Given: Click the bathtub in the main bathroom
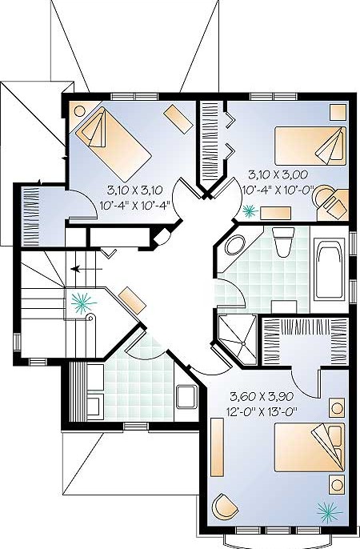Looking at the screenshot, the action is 329,269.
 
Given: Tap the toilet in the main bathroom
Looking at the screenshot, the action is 283,242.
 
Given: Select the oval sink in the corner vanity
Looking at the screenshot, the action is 235,245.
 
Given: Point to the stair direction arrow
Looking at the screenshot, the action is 86,269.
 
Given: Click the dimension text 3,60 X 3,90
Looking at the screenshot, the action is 262,397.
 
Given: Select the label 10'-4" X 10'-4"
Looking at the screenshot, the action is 134,205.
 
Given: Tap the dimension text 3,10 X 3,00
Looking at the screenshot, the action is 278,174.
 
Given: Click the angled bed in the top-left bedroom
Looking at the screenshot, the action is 114,142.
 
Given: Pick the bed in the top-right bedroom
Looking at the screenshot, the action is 310,146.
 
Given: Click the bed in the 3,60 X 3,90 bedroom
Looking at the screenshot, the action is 310,447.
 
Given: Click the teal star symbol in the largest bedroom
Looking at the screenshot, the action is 330,512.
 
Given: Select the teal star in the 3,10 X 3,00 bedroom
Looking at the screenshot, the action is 250,210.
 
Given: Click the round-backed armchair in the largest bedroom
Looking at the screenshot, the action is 224,506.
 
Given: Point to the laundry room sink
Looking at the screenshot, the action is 186,397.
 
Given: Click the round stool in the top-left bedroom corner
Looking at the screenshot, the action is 79,111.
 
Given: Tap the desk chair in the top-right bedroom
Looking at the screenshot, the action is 322,195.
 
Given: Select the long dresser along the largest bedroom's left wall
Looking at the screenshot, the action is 218,447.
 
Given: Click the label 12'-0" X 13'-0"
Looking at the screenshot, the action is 259,411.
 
